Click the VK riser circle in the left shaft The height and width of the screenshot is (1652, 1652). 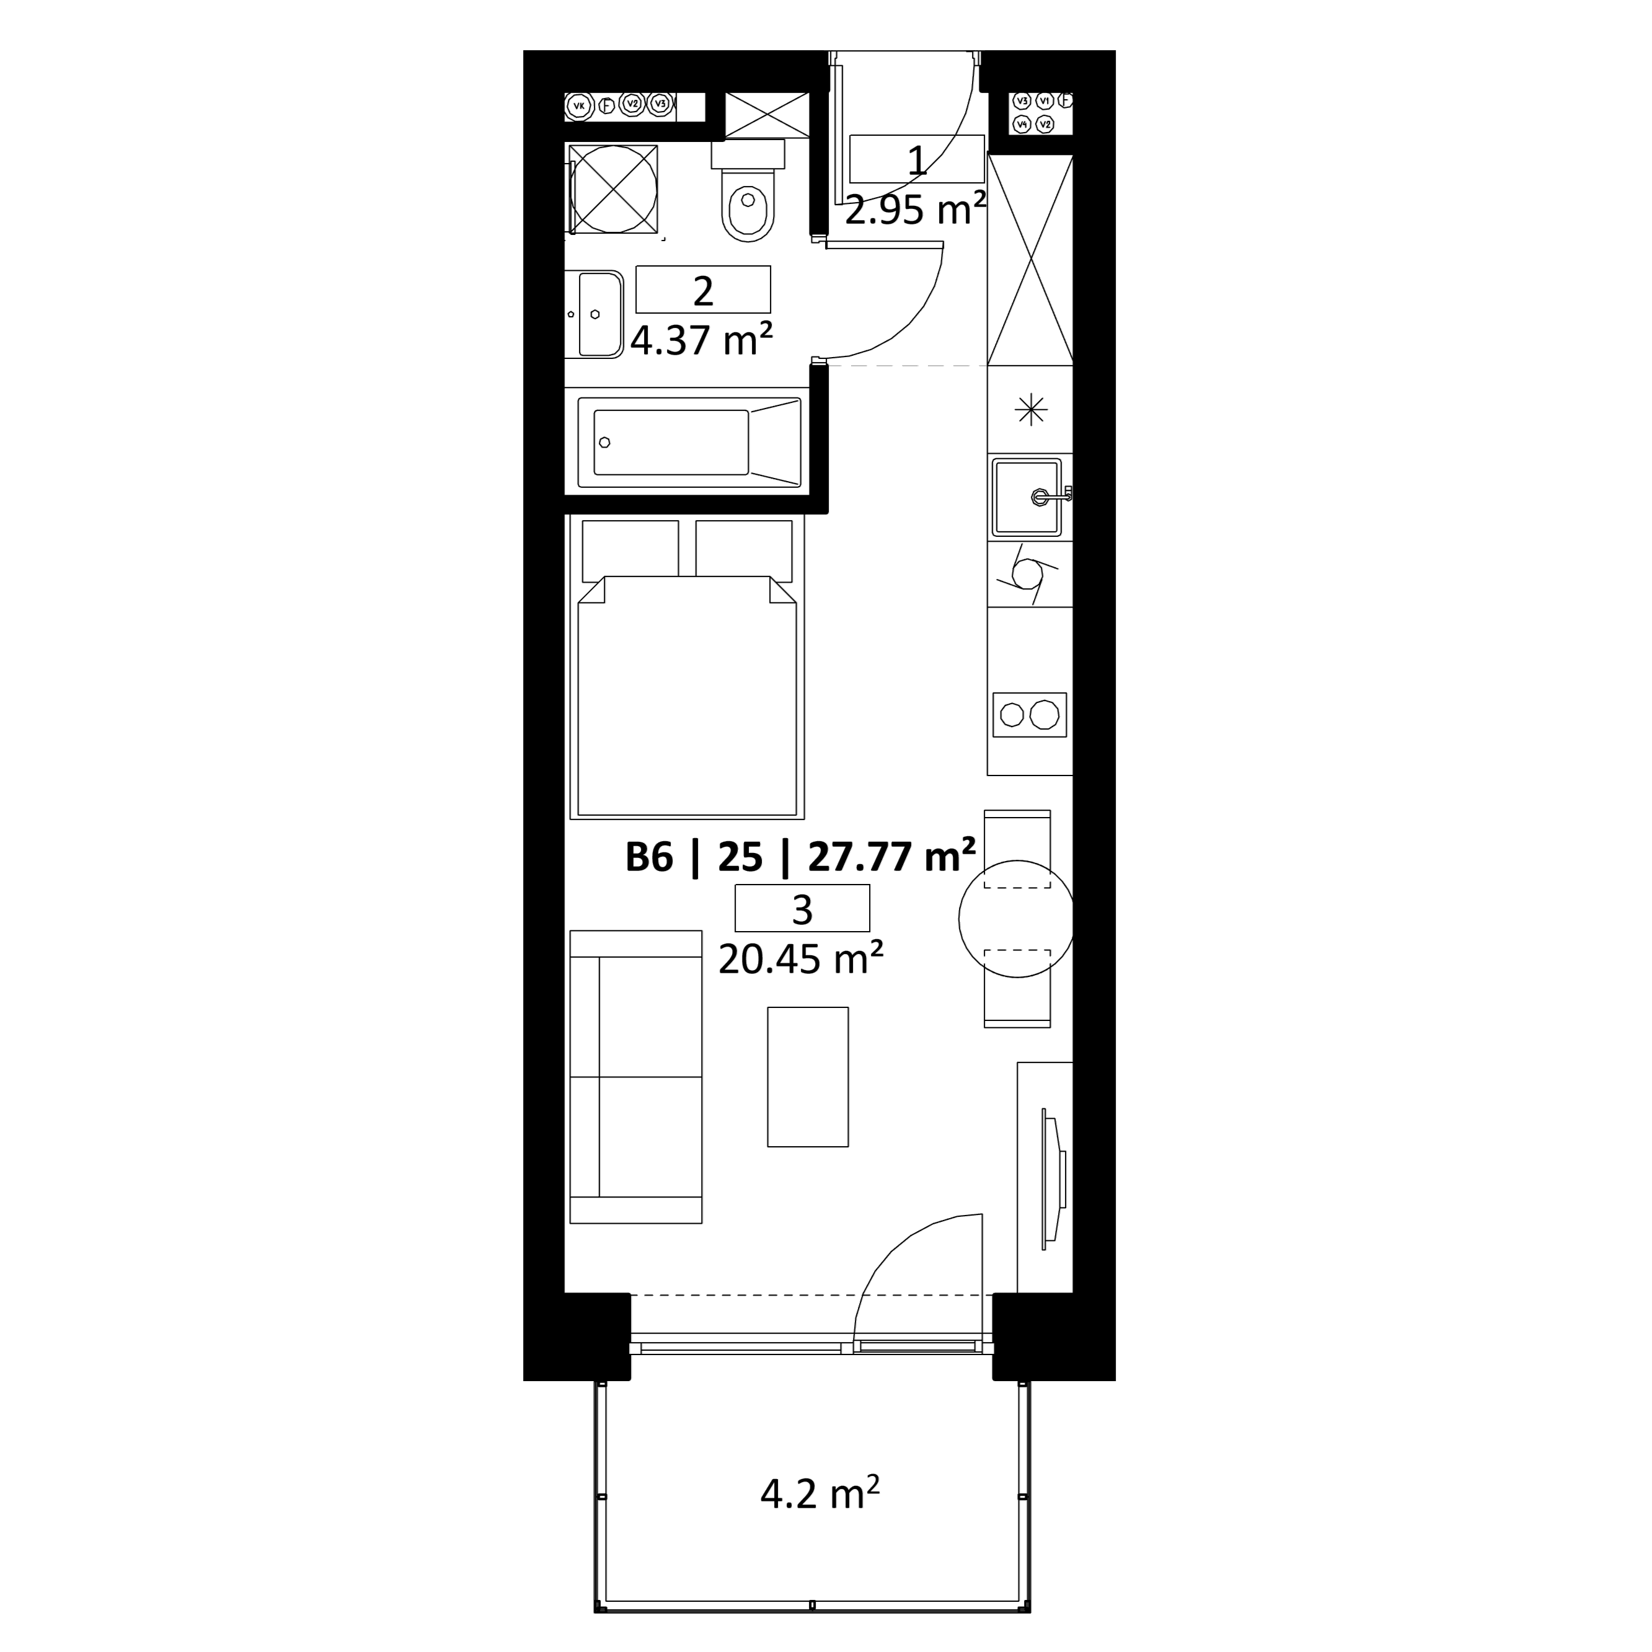coord(579,106)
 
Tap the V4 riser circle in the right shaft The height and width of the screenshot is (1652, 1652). coord(1021,125)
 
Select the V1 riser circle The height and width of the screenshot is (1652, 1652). coord(1044,101)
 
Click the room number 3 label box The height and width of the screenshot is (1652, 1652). coord(802,908)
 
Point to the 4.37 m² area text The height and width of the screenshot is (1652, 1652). coord(702,340)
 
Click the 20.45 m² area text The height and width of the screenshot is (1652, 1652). coord(801,960)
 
